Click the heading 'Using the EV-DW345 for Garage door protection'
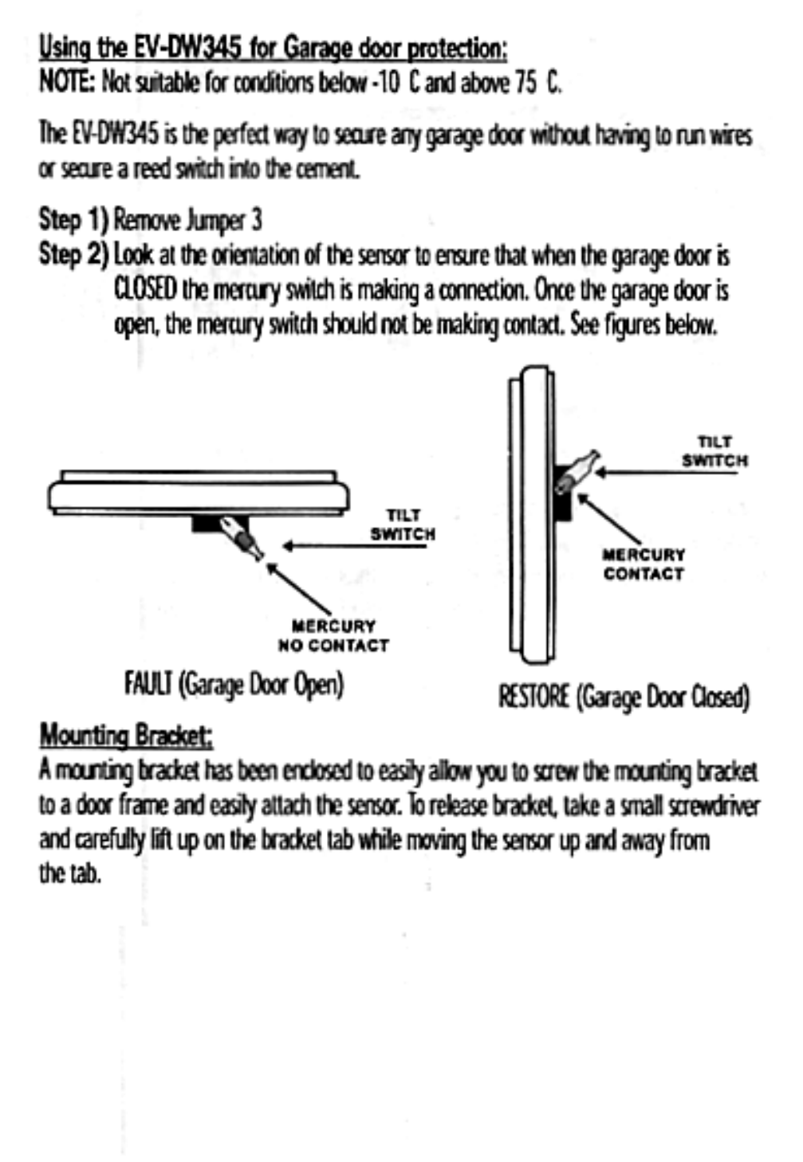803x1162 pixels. (273, 49)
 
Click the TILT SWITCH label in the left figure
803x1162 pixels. (402, 524)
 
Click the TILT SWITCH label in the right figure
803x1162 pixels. (714, 451)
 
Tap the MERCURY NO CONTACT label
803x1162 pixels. (333, 636)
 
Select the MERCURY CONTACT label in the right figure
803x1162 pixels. (644, 564)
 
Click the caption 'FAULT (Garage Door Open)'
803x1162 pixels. (234, 684)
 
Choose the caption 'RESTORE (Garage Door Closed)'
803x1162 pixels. (624, 697)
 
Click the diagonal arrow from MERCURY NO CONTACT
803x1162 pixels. (299, 589)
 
